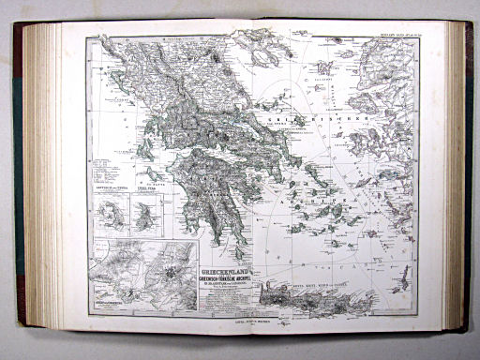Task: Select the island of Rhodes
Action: pos(406,277)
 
